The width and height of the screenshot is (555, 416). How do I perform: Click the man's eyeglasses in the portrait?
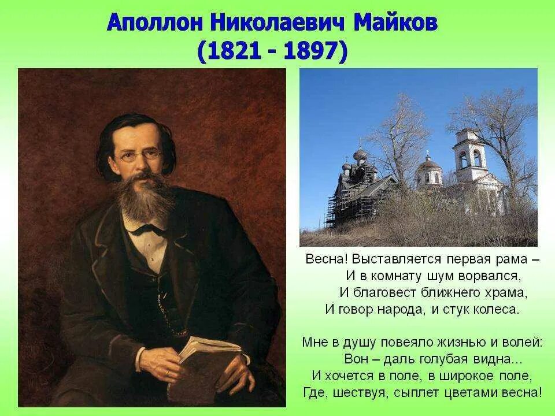[139, 155]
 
